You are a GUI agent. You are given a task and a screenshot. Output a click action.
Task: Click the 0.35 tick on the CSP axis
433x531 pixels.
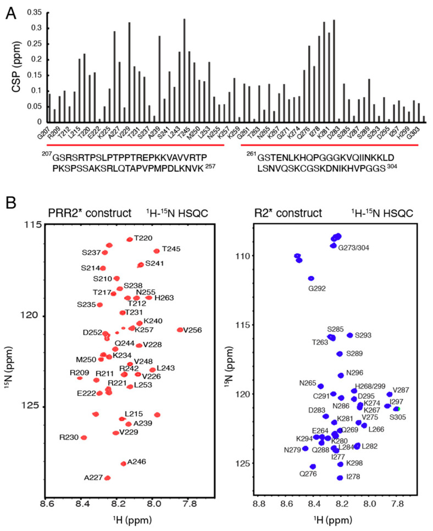(x=34, y=12)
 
